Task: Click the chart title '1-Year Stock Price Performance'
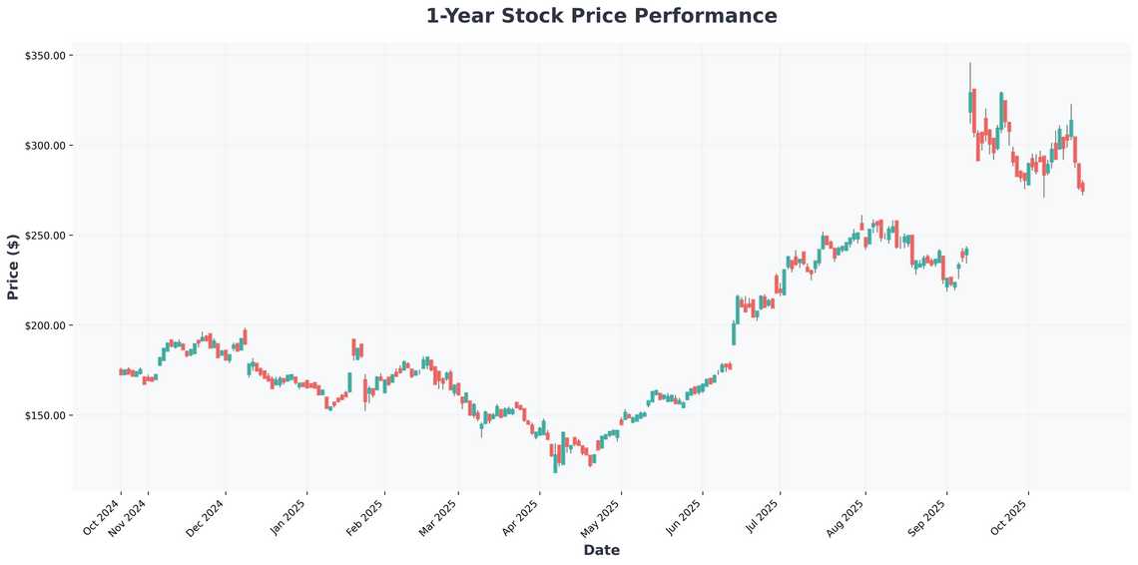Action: (601, 16)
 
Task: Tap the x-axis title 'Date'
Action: (601, 550)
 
